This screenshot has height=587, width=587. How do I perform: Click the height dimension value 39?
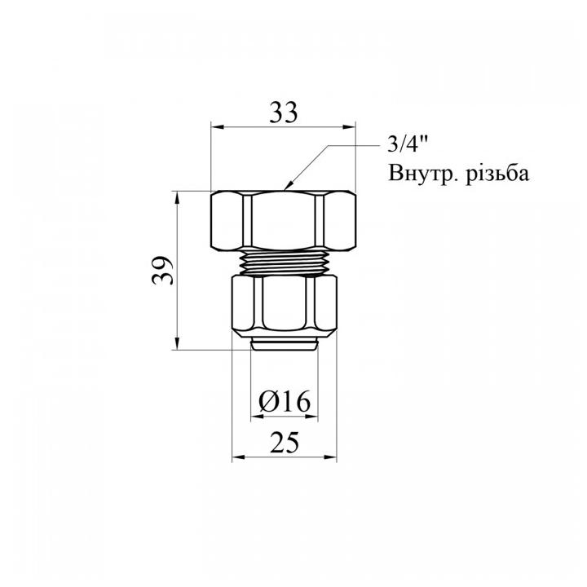tap(164, 270)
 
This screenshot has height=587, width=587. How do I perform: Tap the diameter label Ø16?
tap(283, 401)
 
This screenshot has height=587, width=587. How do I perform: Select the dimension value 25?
tap(283, 442)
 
